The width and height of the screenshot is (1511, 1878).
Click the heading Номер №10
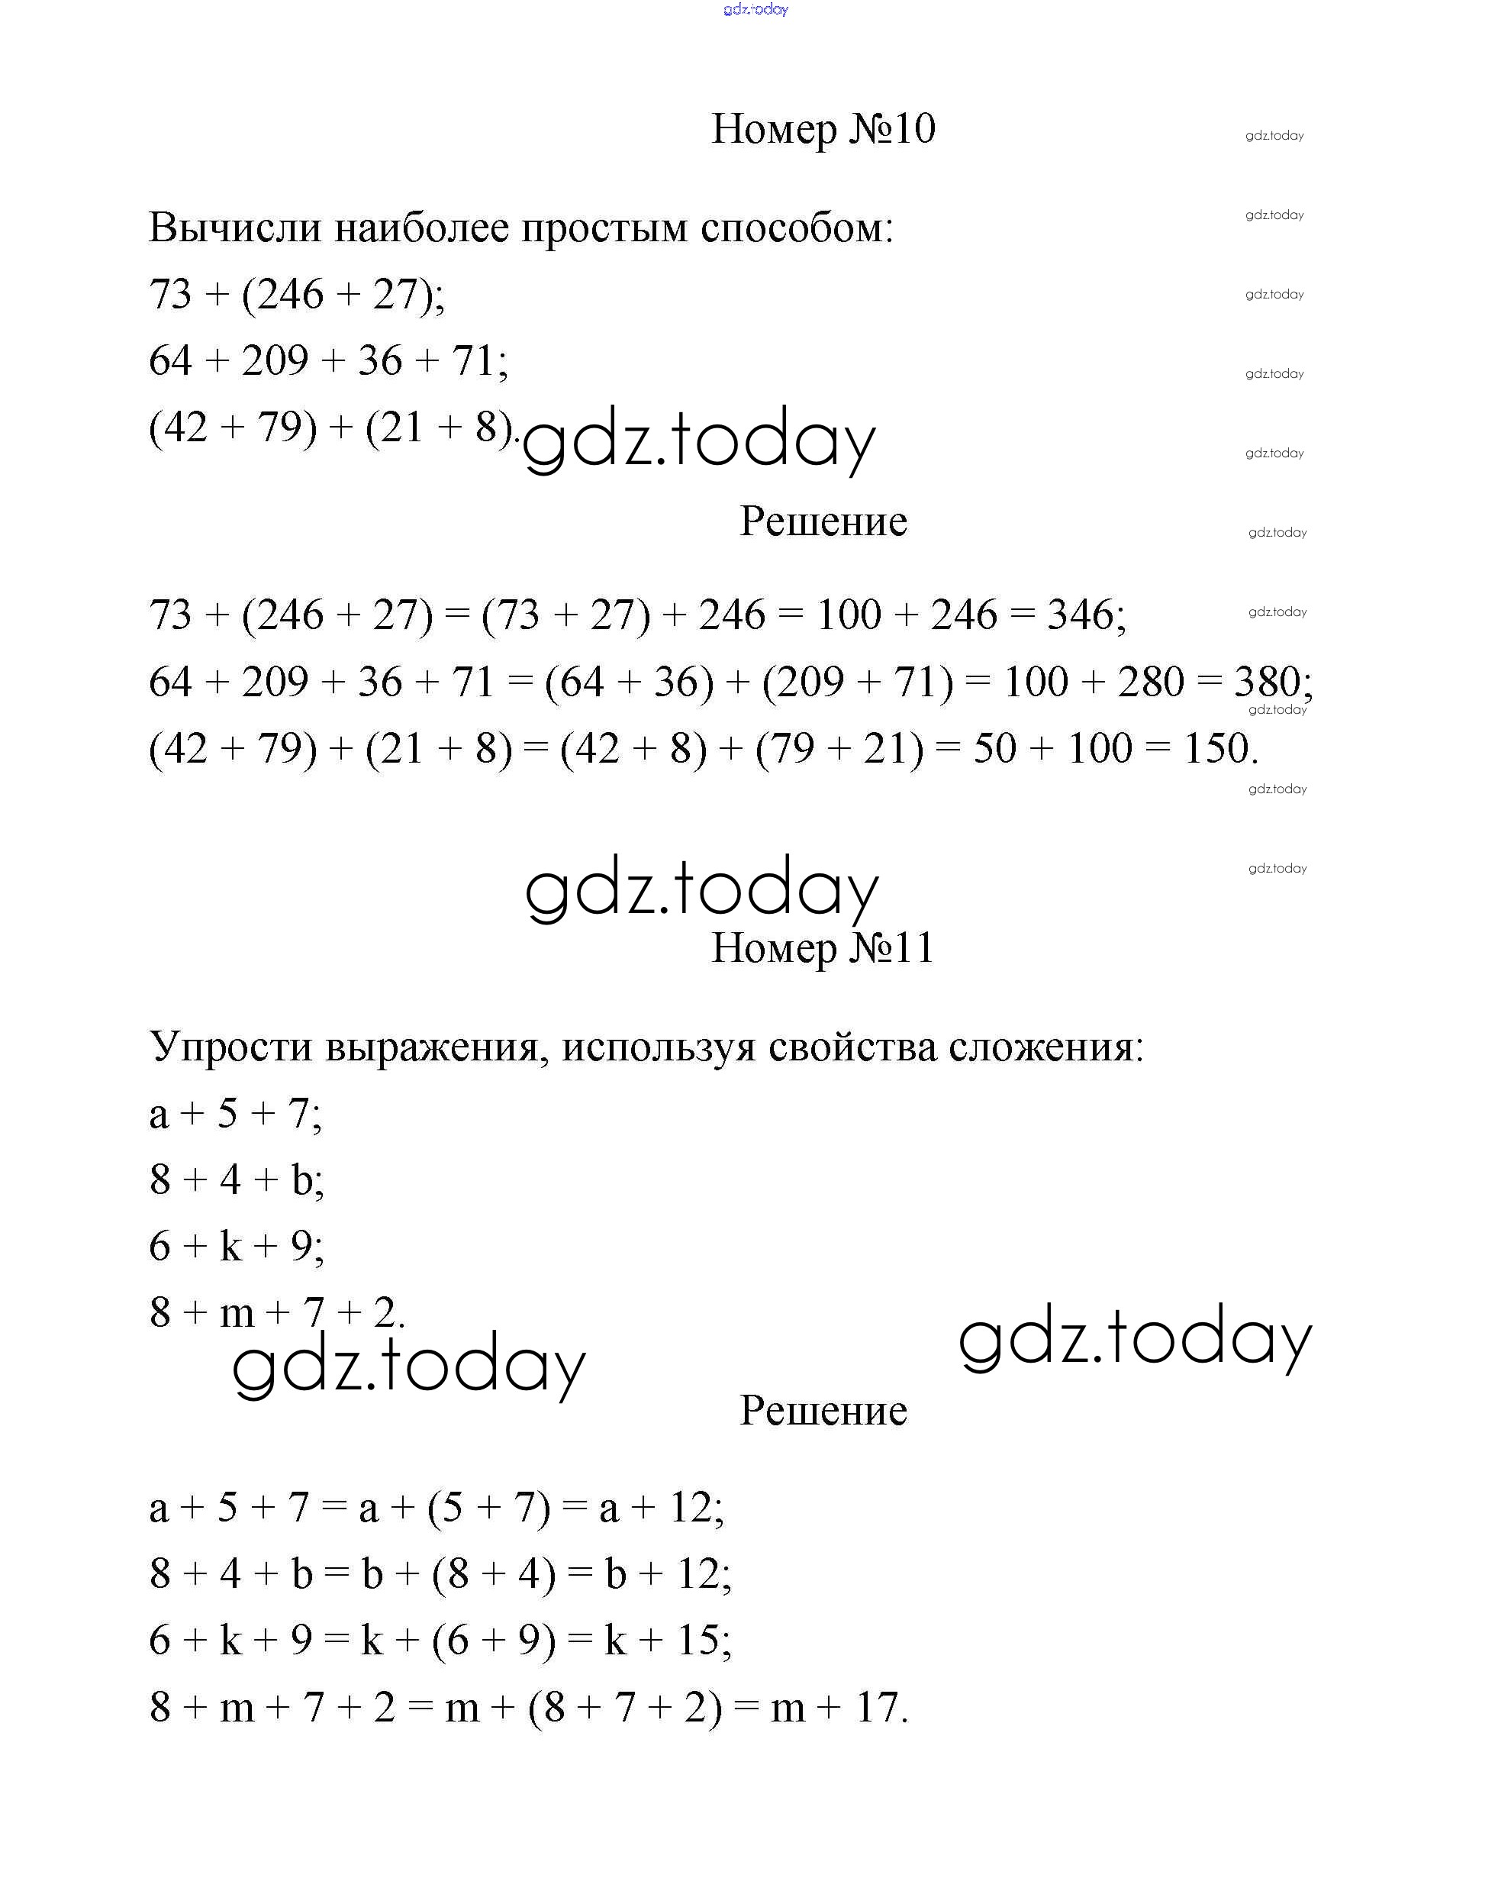tap(823, 129)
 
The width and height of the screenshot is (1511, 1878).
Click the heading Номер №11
tap(822, 947)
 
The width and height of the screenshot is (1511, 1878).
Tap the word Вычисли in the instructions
tap(234, 227)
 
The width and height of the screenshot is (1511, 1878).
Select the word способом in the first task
tap(796, 229)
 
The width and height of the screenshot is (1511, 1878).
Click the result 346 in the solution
tap(1080, 615)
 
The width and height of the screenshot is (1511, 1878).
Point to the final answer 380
tap(1266, 682)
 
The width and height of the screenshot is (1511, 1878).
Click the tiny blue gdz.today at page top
tap(755, 10)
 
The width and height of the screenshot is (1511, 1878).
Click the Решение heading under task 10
tap(823, 521)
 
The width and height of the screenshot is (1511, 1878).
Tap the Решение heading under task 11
tap(823, 1410)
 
